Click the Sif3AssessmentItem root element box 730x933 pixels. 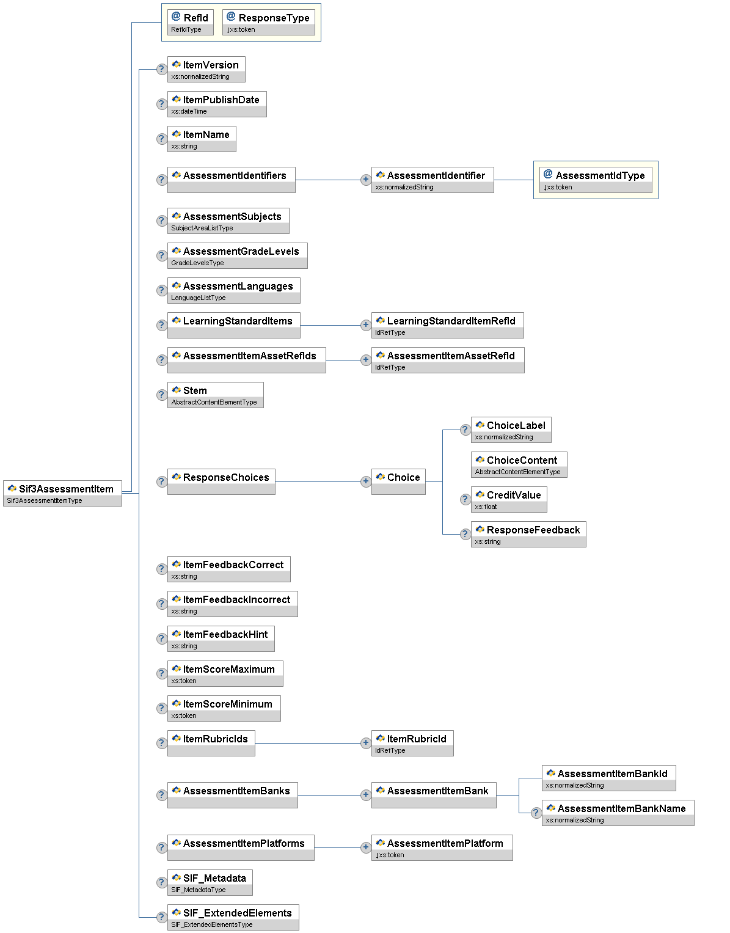[62, 493]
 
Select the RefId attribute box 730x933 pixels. [190, 22]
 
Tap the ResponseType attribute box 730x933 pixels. [269, 22]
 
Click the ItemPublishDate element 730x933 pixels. [217, 104]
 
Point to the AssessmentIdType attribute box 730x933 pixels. [596, 180]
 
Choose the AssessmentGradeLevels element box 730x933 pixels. [237, 255]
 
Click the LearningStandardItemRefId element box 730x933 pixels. [447, 325]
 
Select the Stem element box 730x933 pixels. [215, 395]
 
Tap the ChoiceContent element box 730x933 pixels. [519, 464]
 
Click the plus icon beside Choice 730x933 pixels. [365, 481]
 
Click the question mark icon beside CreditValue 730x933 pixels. [465, 499]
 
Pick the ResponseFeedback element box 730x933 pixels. [528, 534]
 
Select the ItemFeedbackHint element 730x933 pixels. [221, 638]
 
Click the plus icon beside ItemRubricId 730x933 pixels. [365, 743]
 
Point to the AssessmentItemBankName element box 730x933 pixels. [618, 813]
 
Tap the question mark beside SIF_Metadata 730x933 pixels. [161, 882]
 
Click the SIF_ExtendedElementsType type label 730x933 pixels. [212, 924]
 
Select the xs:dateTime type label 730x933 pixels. [189, 112]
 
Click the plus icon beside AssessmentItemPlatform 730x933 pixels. [365, 847]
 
